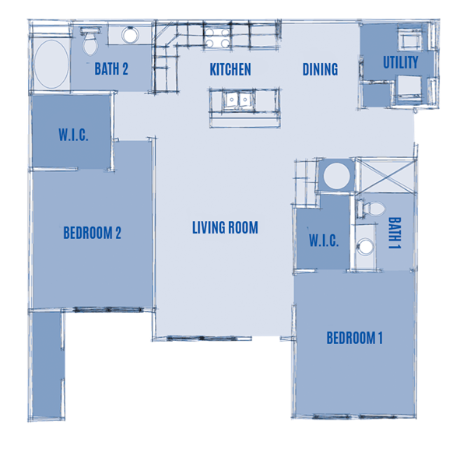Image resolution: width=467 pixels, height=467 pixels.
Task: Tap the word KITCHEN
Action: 230,70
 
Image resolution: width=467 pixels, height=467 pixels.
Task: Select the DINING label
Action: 320,70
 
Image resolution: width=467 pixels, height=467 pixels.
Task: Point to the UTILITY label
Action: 400,62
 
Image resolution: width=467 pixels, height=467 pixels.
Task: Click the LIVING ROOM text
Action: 225,228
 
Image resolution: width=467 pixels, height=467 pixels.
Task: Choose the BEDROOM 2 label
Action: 92,233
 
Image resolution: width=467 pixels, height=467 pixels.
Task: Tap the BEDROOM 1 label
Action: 354,339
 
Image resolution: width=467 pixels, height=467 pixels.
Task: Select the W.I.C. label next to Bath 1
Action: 324,241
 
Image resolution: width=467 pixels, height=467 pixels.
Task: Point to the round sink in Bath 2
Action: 129,36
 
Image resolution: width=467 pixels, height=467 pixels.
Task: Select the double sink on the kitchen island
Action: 237,99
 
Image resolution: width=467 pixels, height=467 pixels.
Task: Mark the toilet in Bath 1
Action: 370,209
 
